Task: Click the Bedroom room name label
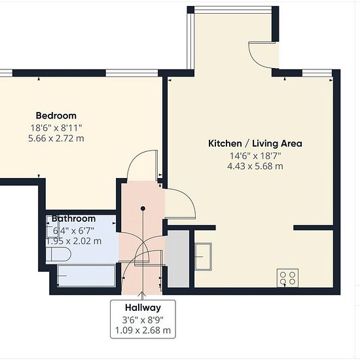[x=56, y=115]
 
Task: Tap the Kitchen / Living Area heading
[x=255, y=143]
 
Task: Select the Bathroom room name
[x=73, y=219]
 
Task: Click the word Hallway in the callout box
[x=143, y=308]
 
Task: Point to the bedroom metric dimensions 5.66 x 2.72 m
[x=56, y=139]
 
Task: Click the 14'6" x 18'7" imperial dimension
[x=255, y=156]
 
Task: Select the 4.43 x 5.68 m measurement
[x=255, y=166]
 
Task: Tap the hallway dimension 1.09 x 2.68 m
[x=143, y=331]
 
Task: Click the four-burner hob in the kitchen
[x=287, y=278]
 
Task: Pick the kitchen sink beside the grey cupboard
[x=203, y=257]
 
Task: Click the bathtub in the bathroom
[x=86, y=276]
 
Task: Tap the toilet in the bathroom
[x=58, y=254]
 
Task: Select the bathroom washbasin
[x=50, y=226]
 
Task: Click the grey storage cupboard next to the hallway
[x=177, y=259]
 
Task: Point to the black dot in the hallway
[x=143, y=208]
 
